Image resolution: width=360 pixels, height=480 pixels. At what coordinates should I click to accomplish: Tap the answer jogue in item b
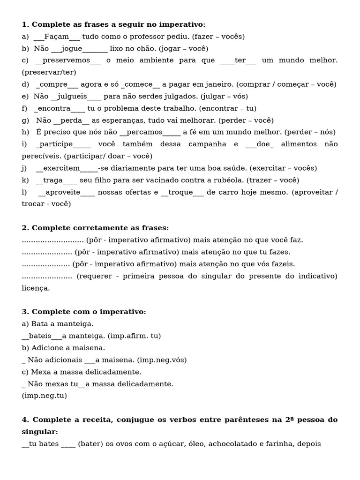72,48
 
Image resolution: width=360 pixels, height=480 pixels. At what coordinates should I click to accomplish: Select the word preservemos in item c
67,60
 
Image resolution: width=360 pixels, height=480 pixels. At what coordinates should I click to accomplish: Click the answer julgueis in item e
72,97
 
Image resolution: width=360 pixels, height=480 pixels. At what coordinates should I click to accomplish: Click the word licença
36,288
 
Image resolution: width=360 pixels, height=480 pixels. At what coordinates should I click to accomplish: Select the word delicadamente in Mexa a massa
116,372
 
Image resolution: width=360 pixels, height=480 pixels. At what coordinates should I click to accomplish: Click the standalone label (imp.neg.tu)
45,396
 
